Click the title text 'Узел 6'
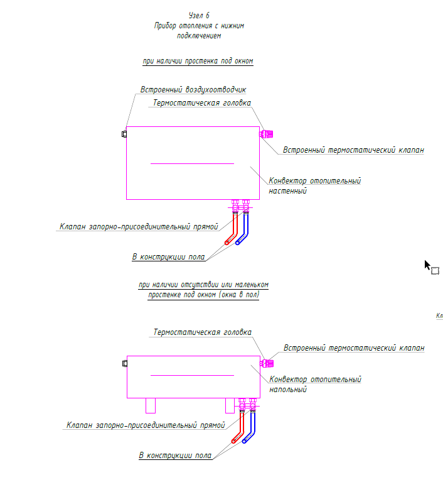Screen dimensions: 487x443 point(198,14)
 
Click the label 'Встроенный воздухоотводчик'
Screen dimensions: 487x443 point(193,90)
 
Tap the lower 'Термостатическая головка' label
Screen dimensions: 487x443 point(202,332)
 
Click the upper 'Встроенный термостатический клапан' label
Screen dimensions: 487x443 point(353,150)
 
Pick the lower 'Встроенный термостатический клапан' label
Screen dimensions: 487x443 point(353,347)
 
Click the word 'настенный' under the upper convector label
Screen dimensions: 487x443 point(287,191)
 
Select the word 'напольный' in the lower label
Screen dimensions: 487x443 point(287,390)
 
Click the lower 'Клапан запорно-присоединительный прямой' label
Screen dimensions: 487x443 point(146,425)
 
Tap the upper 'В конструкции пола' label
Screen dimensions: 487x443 point(168,256)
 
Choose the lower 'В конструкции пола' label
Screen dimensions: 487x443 point(175,455)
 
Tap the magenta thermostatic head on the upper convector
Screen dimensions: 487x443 point(267,134)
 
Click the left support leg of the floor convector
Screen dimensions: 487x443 point(151,405)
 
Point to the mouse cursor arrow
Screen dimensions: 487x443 point(428,265)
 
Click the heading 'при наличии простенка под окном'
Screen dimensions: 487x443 point(198,61)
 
